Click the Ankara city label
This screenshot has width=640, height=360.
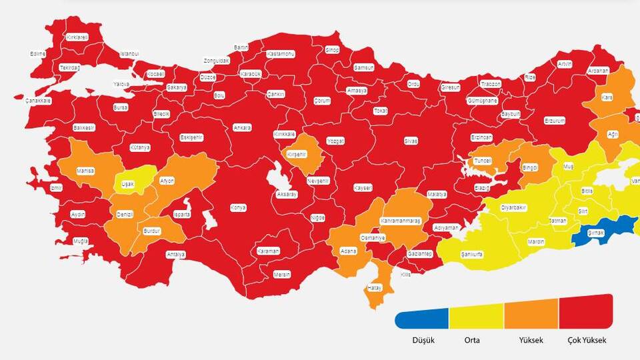[242, 127]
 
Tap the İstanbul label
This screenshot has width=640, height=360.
[129, 53]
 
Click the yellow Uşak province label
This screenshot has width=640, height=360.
[127, 183]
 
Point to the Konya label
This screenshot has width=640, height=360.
[238, 208]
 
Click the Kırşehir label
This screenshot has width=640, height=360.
[296, 154]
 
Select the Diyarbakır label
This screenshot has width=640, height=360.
[514, 208]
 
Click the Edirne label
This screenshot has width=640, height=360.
[38, 54]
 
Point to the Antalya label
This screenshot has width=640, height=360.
[175, 255]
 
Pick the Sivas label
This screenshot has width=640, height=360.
[411, 141]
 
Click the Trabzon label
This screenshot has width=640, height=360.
[491, 84]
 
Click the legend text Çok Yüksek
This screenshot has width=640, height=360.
[587, 340]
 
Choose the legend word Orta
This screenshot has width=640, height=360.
[472, 340]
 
